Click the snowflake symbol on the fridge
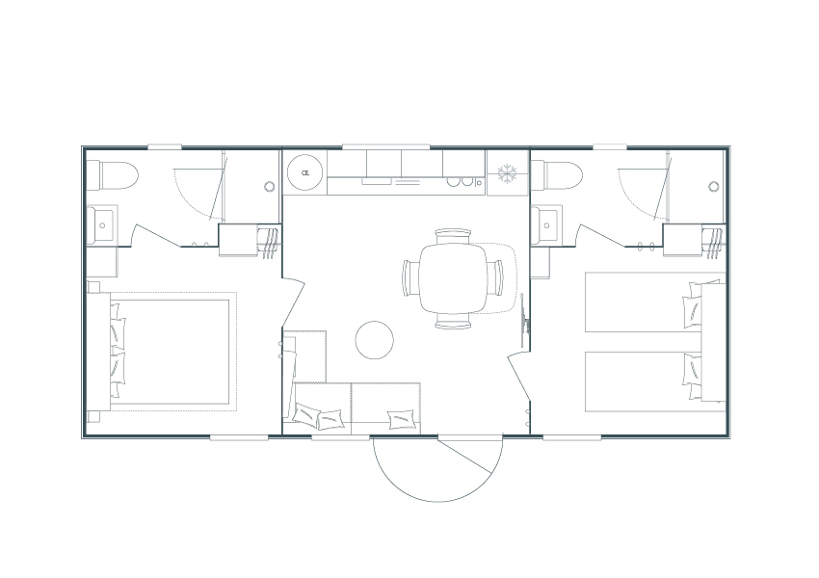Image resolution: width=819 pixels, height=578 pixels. [507, 173]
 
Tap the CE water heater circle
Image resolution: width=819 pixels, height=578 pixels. [305, 173]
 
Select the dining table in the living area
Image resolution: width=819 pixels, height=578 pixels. [453, 277]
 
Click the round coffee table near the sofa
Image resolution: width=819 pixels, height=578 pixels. [374, 339]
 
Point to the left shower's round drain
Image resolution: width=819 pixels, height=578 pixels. [269, 186]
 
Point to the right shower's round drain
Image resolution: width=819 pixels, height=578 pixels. [713, 186]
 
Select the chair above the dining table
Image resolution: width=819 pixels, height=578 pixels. [453, 234]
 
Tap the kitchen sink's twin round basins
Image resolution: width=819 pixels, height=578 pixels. [466, 181]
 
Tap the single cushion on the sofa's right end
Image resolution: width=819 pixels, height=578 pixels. [401, 418]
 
